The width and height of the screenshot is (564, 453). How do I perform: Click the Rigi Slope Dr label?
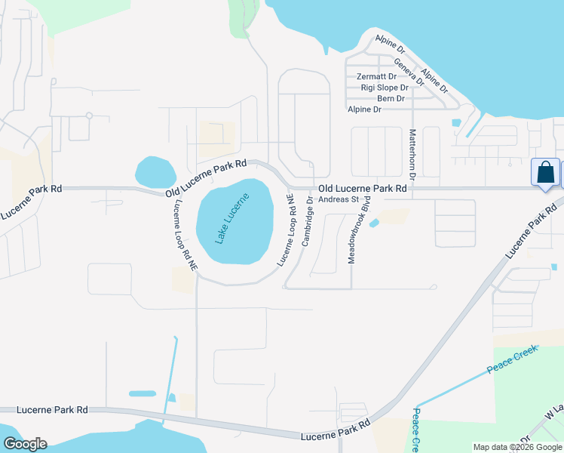[385, 88]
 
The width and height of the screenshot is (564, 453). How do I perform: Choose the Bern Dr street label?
[392, 98]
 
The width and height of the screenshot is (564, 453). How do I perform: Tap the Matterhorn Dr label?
[412, 153]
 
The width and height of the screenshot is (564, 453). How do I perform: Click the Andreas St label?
[338, 199]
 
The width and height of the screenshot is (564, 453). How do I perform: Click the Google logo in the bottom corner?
[25, 444]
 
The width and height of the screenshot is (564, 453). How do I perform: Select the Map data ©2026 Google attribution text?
[517, 447]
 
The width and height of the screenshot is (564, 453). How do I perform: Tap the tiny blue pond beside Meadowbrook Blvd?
[375, 222]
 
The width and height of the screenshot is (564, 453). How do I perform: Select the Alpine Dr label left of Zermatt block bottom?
[364, 109]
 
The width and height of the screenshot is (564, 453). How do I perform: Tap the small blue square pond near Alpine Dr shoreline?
[455, 122]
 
